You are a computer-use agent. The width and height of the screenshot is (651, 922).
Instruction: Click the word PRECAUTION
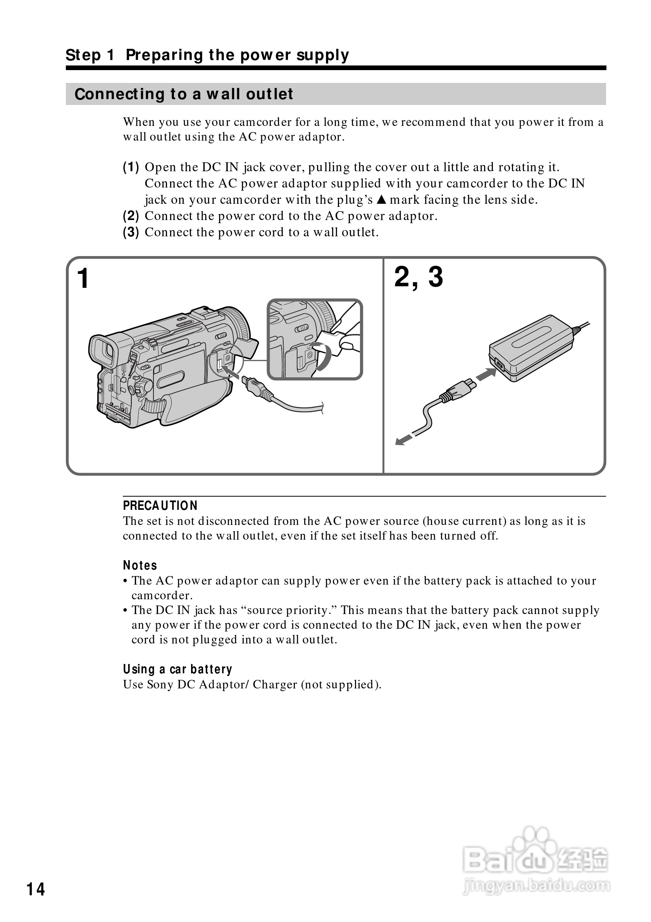pos(160,506)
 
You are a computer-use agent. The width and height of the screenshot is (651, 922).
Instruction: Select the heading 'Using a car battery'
pos(177,669)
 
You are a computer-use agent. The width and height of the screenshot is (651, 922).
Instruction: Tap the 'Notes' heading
pos(140,566)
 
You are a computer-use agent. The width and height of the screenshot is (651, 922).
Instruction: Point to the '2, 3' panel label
pos(418,277)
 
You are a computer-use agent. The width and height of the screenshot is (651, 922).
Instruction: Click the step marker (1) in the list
pos(131,167)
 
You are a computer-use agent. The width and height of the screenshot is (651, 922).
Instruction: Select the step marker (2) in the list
pos(131,216)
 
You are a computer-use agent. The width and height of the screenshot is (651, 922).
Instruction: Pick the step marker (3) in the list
pos(131,232)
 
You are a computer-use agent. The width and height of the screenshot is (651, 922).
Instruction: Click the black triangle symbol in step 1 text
pos(382,199)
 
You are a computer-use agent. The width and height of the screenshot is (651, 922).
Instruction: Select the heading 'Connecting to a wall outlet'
pos(184,94)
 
